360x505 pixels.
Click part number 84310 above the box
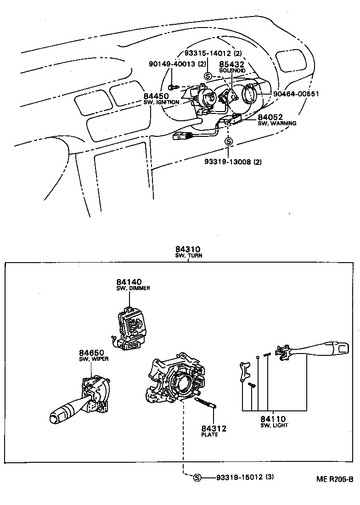(188, 249)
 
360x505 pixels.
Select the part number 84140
(129, 282)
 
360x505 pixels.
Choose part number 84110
(273, 419)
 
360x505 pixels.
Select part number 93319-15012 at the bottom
(239, 477)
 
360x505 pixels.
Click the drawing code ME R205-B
(334, 479)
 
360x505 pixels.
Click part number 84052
(270, 118)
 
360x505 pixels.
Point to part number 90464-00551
(296, 94)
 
